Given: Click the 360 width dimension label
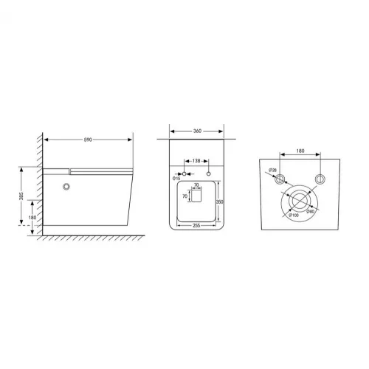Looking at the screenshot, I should (x=197, y=131).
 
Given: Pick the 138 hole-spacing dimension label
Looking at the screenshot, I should (x=197, y=160).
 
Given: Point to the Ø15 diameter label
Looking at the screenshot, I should (x=176, y=178).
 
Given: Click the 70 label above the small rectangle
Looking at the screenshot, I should (x=196, y=185).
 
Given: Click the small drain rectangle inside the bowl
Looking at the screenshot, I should (x=196, y=196).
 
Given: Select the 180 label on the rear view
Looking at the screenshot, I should (x=300, y=152).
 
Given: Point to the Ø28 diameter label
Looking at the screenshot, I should (x=272, y=171).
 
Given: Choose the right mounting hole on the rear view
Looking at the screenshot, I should (x=320, y=179).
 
